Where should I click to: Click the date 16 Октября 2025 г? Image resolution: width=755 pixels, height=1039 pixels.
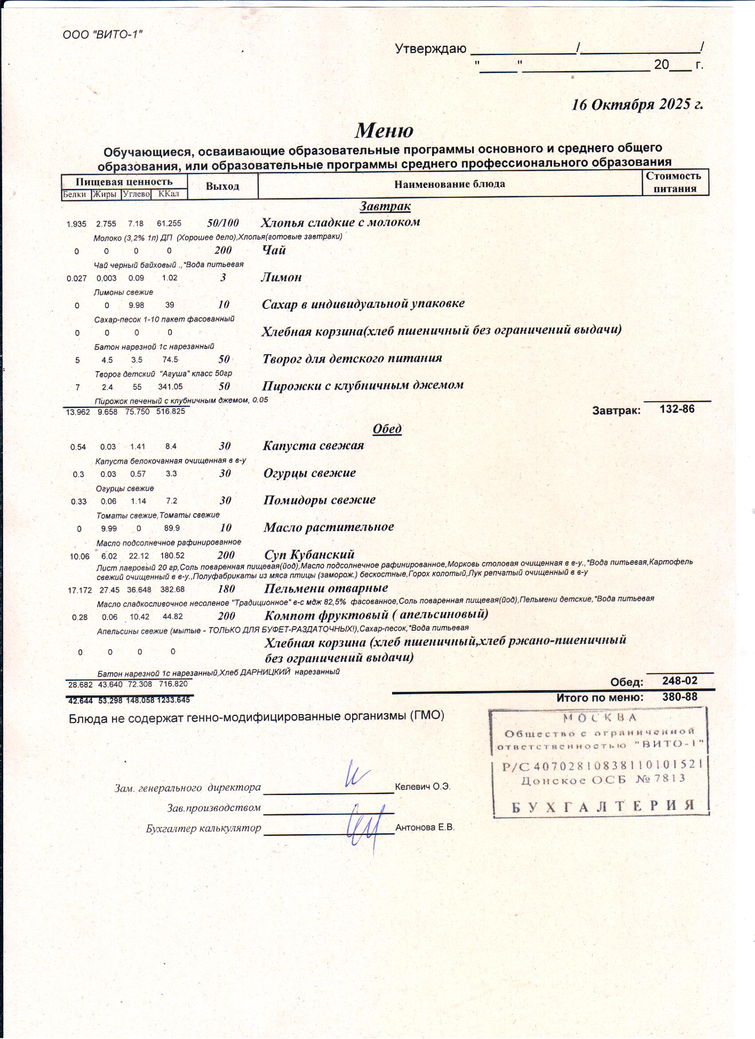(637, 105)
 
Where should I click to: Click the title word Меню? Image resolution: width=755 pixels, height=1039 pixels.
(384, 131)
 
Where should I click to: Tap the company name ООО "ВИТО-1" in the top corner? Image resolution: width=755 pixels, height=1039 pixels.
(103, 34)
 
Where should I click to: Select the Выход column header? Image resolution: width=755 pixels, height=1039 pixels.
(222, 187)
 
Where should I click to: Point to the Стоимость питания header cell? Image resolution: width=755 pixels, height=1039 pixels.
(675, 182)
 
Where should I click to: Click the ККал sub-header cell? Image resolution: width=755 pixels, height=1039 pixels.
(168, 194)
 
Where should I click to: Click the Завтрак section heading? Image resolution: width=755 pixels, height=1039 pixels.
(385, 207)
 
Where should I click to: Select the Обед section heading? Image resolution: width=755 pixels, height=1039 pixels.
(387, 429)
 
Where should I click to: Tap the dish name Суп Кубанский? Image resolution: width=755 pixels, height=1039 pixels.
(309, 555)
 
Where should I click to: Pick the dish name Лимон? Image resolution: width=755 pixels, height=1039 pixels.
(281, 278)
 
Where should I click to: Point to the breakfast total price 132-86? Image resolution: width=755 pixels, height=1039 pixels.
(677, 409)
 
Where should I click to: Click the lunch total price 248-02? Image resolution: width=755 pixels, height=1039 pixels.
(679, 681)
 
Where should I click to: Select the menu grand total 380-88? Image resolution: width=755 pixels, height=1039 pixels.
(679, 697)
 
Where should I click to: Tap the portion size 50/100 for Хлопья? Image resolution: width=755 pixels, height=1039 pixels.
(223, 224)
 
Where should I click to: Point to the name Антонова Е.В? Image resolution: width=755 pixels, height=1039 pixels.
(425, 828)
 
